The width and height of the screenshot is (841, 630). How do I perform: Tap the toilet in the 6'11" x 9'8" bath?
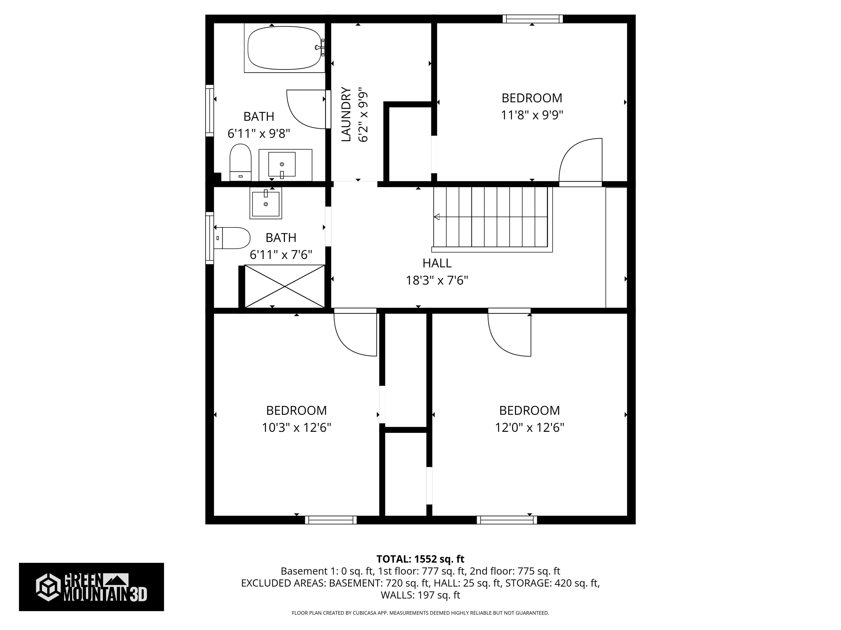coord(240,162)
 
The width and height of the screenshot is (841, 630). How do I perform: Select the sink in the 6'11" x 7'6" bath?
coord(265,203)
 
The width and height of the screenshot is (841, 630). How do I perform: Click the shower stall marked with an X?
coord(284,286)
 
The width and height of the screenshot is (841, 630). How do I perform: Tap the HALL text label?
coord(437,263)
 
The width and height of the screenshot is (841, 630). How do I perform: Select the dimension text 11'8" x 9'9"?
coord(532,115)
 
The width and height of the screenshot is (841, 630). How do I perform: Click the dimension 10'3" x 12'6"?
coord(296,428)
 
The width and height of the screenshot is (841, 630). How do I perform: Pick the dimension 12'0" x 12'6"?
coord(529,428)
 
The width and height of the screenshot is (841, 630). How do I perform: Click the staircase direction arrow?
coord(437,217)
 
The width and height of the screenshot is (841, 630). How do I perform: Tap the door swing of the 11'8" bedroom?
coord(580,159)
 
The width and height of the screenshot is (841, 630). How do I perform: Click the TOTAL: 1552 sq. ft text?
coord(420,559)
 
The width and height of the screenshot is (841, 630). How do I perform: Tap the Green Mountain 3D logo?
coord(91,587)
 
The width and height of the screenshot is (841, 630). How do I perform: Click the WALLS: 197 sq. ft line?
coord(420,595)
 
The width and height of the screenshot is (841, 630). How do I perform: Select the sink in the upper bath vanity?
coord(282,164)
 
